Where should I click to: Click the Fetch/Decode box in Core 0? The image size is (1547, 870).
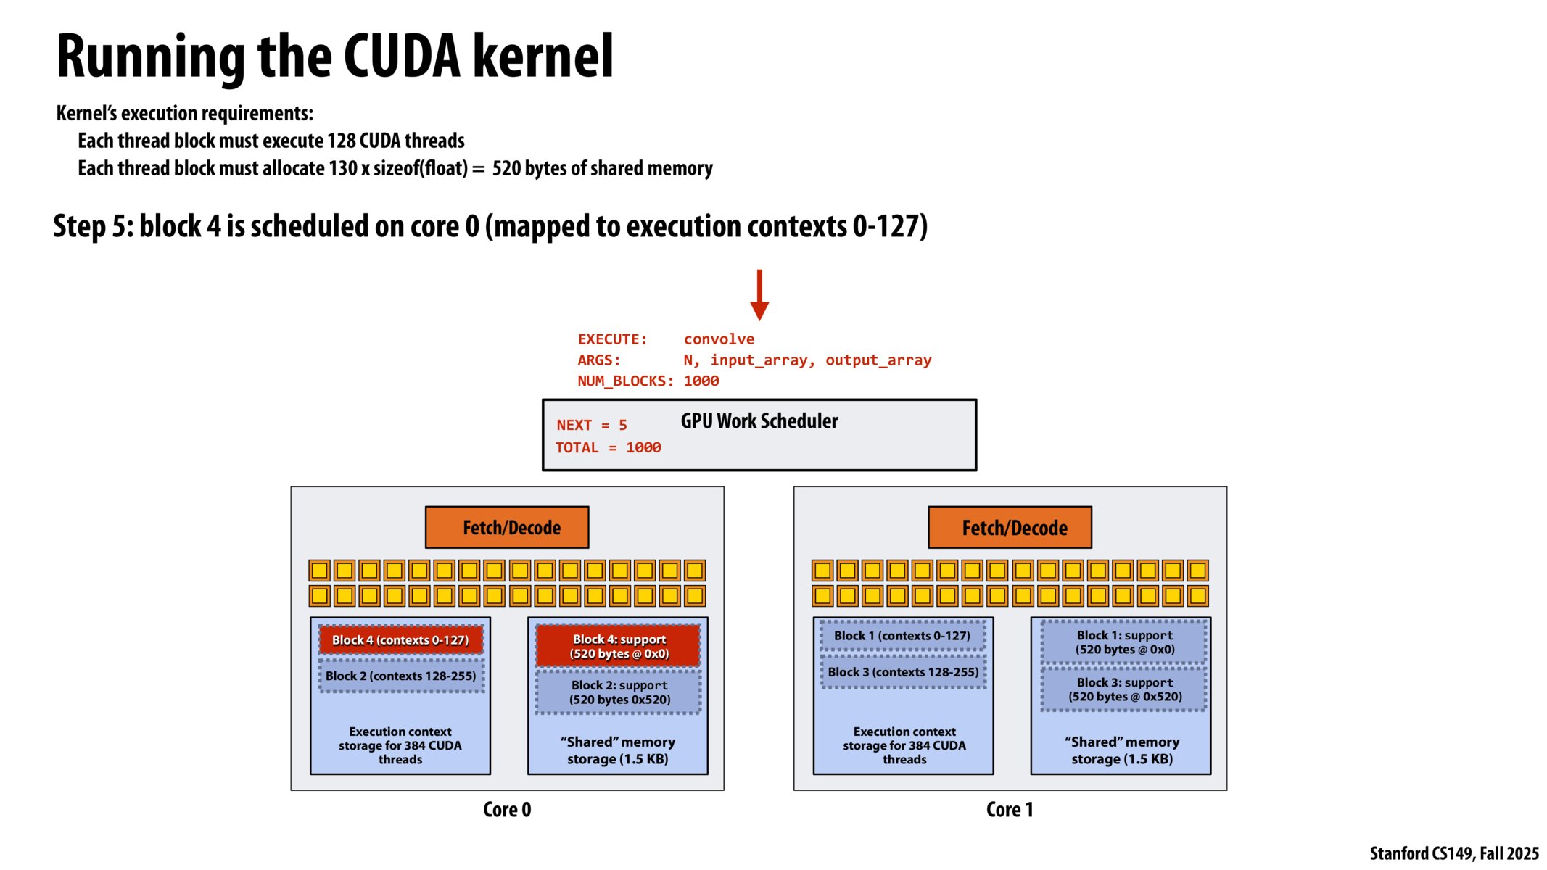(x=507, y=527)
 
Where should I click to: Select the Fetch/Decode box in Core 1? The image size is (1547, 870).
(x=1010, y=527)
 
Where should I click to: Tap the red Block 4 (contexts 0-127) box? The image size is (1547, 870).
(x=400, y=639)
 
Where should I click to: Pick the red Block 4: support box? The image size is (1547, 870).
(x=619, y=646)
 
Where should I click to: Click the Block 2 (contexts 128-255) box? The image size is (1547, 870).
(x=400, y=676)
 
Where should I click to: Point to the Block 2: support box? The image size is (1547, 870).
(x=619, y=692)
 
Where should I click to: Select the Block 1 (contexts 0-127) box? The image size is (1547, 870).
(x=902, y=636)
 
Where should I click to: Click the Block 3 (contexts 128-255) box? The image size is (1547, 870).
(x=903, y=672)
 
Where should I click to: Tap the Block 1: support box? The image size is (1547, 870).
(x=1124, y=642)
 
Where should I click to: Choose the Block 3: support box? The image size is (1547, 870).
(x=1124, y=689)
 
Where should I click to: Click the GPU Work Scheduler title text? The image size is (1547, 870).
(x=759, y=421)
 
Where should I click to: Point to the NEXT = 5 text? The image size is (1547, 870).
(x=591, y=426)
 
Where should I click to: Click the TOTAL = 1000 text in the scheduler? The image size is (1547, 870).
(x=608, y=448)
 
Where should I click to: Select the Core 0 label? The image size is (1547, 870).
(x=507, y=809)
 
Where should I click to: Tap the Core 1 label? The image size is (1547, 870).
(x=1010, y=809)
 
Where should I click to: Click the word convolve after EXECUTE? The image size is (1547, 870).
(x=718, y=339)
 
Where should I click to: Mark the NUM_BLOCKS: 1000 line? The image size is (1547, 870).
(x=648, y=381)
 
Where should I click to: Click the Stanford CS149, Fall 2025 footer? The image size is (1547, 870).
(x=1453, y=853)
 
